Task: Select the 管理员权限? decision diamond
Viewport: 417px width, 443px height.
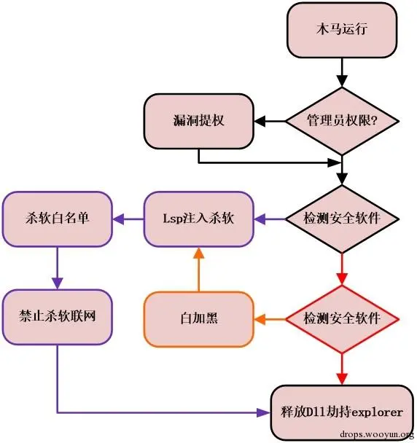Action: tap(340, 121)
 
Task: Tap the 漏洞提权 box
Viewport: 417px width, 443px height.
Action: tap(198, 121)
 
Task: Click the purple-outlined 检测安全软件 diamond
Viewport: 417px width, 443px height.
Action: tap(340, 218)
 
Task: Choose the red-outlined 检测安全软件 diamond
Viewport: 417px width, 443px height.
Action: tap(340, 318)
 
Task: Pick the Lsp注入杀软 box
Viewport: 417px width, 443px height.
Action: tap(198, 218)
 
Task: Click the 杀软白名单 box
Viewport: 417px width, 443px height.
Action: tap(57, 218)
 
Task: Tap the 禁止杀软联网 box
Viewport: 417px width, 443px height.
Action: tap(57, 318)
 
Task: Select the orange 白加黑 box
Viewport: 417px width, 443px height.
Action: tap(198, 318)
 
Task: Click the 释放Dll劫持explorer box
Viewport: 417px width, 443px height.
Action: tap(340, 412)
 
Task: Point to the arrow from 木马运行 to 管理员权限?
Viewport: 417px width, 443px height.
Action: tap(340, 73)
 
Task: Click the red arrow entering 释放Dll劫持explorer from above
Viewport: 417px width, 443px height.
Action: tap(340, 367)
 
